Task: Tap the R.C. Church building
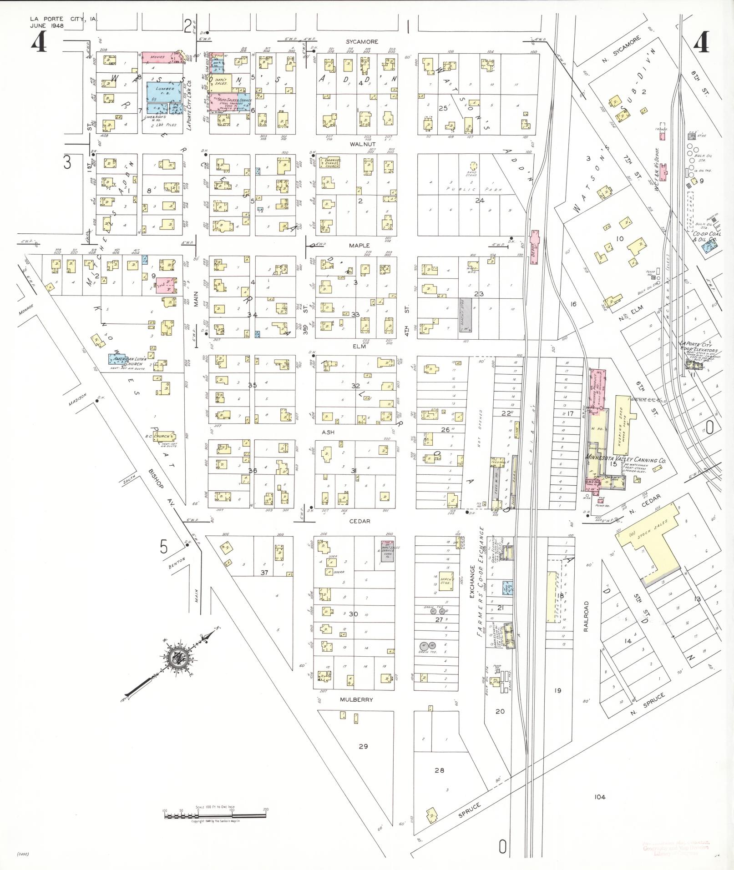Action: (x=162, y=436)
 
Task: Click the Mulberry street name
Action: (x=356, y=700)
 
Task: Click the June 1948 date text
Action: (x=47, y=26)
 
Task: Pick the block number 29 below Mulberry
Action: (x=363, y=746)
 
